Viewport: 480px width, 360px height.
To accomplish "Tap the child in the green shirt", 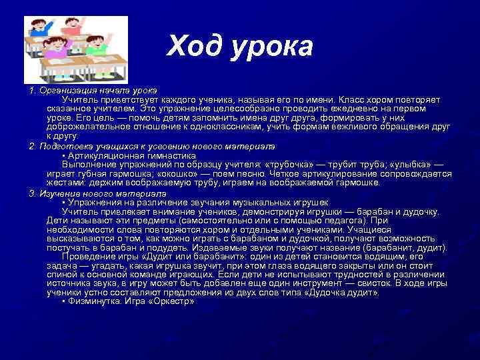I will click(x=98, y=48).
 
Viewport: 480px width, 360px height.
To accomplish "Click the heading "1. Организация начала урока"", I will click(x=93, y=89).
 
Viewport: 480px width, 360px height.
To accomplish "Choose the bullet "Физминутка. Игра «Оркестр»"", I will click(x=130, y=301).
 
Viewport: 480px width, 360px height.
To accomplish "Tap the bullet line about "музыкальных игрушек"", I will click(x=197, y=202).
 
